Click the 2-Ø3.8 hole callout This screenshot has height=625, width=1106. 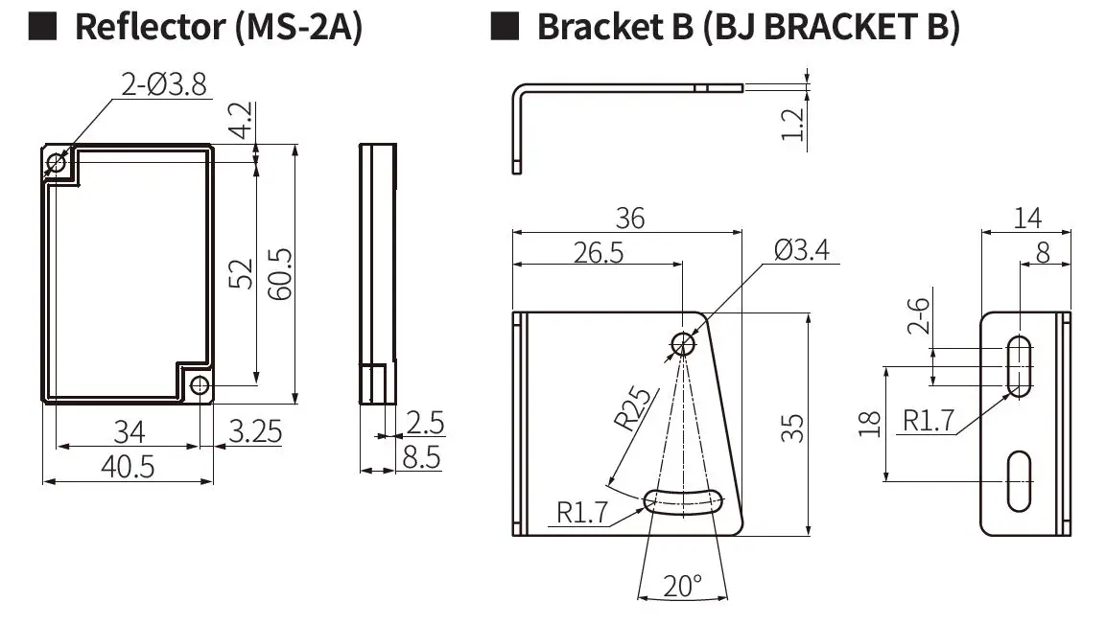pos(163,85)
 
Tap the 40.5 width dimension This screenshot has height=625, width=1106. pos(128,467)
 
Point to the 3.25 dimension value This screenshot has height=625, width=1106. pos(256,432)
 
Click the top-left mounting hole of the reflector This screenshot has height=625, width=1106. pos(56,164)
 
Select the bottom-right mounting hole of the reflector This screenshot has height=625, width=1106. pos(199,385)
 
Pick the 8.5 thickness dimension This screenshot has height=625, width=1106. pos(421,457)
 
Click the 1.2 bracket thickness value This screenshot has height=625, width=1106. pos(792,123)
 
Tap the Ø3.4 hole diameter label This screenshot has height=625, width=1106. pos(801,250)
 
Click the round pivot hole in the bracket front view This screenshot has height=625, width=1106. pos(683,343)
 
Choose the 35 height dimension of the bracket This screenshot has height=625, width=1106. pos(792,427)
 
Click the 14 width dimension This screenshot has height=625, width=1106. pos(1025,218)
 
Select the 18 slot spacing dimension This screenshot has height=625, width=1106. pos(870,423)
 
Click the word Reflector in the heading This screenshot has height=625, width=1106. pos(136,28)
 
